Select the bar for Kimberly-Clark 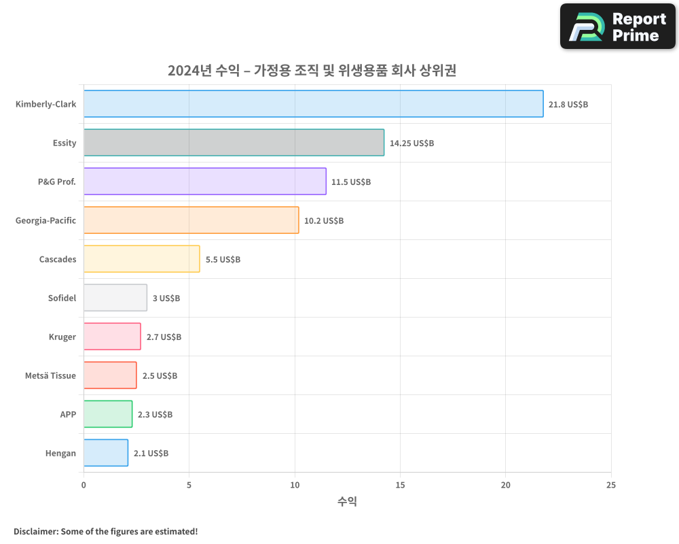(313, 104)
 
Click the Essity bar (234, 143)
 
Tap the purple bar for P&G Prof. (204, 182)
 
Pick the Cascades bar (141, 259)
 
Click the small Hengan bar (105, 453)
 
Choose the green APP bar (107, 414)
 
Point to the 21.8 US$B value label (568, 105)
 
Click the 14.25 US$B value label (411, 143)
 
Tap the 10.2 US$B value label (324, 221)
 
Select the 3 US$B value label (166, 299)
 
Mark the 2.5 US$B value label (160, 376)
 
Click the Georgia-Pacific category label (45, 220)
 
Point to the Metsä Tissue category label (50, 375)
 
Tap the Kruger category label (62, 337)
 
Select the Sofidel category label (62, 298)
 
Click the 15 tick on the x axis (400, 485)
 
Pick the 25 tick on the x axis (611, 485)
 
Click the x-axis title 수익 (347, 502)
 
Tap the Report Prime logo (617, 27)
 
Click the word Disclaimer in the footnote (35, 531)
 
